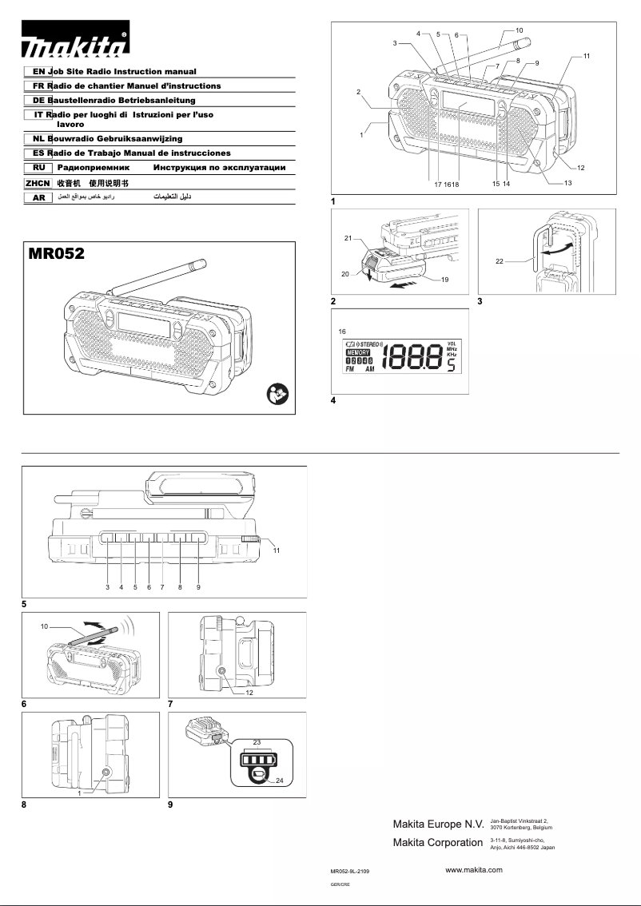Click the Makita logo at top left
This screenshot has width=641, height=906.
(x=75, y=47)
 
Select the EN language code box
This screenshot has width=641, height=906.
(x=38, y=72)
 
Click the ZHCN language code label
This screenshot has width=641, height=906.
(x=38, y=183)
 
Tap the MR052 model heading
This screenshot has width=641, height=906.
(x=57, y=255)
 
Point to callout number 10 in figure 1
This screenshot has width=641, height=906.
(x=519, y=30)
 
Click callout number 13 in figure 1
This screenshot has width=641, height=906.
(x=567, y=183)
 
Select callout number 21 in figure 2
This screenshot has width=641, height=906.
(x=349, y=239)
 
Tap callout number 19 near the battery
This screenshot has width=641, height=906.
(x=444, y=280)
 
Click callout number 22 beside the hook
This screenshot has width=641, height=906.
(x=499, y=261)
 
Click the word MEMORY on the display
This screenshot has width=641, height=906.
(x=358, y=352)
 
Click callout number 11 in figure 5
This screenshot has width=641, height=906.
(x=277, y=551)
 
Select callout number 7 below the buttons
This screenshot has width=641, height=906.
(x=162, y=587)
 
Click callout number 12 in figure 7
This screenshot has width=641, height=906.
(x=249, y=693)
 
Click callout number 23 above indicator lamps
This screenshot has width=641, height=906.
(x=257, y=743)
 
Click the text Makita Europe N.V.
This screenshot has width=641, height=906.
(x=438, y=824)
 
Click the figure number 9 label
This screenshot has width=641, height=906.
(x=171, y=805)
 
